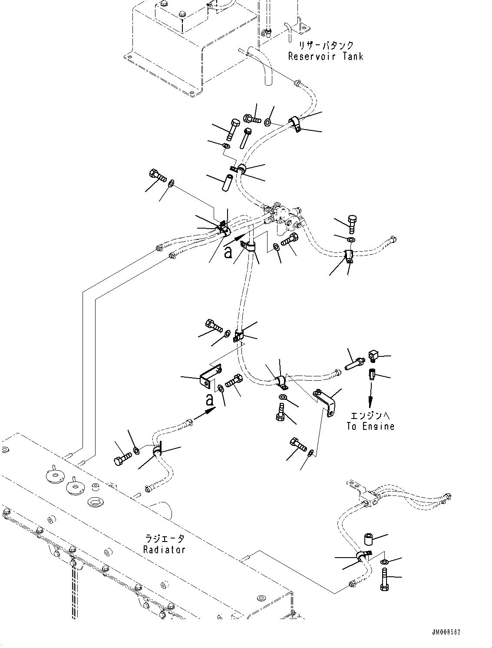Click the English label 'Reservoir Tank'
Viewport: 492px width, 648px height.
(x=325, y=56)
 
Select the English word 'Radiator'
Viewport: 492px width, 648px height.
(x=164, y=549)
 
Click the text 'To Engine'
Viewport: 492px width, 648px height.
(x=370, y=426)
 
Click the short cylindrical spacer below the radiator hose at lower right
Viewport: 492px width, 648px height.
(x=368, y=540)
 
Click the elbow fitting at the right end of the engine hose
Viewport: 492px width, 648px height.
(x=373, y=356)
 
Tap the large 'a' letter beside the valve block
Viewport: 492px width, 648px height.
(x=228, y=252)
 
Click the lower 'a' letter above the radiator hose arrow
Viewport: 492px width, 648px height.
(x=209, y=399)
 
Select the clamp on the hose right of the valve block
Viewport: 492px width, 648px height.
(x=349, y=256)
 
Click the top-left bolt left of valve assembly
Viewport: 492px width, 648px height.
(x=157, y=176)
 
